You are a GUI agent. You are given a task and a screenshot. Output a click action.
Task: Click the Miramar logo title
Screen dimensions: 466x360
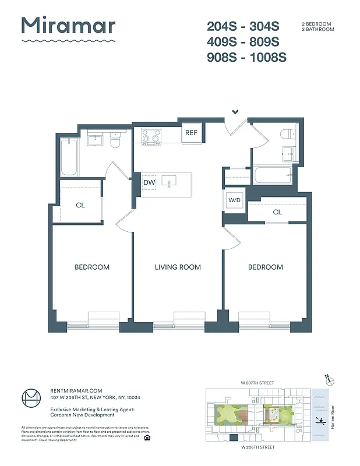tap(68, 26)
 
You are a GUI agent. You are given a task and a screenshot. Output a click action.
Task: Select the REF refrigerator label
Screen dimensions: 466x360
tap(191, 133)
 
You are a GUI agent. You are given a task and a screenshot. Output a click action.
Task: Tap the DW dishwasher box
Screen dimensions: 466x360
tap(149, 183)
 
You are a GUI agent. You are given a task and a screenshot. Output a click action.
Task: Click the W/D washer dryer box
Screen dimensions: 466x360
tap(234, 200)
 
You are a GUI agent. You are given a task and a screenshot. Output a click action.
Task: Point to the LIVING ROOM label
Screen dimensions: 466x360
tap(178, 267)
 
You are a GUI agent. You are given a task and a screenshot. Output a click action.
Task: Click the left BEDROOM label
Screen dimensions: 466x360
tap(92, 267)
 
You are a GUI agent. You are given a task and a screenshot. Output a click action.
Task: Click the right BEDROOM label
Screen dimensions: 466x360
tap(266, 267)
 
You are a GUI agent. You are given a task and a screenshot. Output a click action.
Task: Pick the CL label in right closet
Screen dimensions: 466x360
tap(277, 212)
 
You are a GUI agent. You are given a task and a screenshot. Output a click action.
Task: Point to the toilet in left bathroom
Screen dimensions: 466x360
tap(115, 141)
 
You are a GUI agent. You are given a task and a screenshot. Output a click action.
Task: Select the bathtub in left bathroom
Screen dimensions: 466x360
tap(69, 158)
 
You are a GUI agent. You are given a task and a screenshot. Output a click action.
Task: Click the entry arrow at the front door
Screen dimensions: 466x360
tap(235, 111)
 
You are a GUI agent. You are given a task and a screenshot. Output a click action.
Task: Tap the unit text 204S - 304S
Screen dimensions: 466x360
tap(243, 26)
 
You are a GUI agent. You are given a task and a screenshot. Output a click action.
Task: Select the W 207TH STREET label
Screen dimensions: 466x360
tap(257, 382)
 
